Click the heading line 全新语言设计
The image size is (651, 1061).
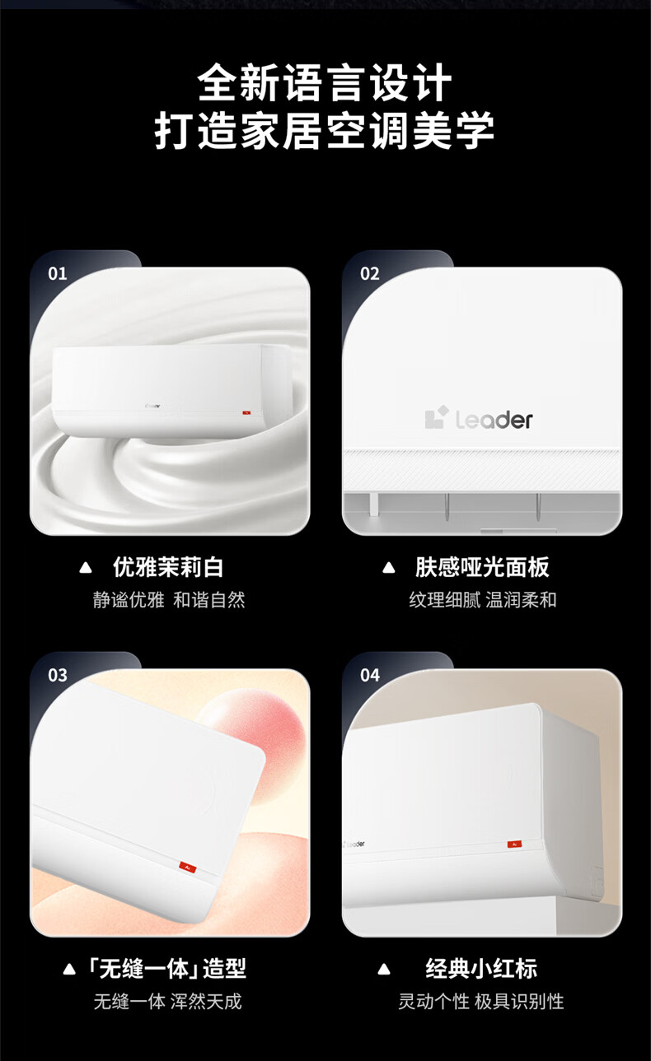tap(325, 83)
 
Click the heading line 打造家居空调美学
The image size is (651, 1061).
tap(325, 130)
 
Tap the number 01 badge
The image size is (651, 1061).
tap(58, 274)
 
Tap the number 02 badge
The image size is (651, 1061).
tap(370, 274)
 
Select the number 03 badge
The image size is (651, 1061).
tap(58, 676)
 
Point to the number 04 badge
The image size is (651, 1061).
tap(370, 676)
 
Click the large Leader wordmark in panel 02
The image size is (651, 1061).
tap(494, 420)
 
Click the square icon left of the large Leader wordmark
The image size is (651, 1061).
tap(436, 417)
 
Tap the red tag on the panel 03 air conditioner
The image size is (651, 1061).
tap(188, 866)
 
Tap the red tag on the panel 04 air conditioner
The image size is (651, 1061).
tap(514, 844)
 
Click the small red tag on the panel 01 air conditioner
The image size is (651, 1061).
tap(246, 412)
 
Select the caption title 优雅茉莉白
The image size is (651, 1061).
tap(168, 567)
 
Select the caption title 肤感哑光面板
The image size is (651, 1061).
tap(482, 567)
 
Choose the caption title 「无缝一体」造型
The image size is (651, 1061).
tap(167, 969)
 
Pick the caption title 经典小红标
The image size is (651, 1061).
tap(481, 969)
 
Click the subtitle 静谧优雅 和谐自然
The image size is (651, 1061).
tap(169, 600)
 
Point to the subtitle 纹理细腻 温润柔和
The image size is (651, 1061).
tap(483, 600)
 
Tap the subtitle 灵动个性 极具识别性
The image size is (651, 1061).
tap(480, 1002)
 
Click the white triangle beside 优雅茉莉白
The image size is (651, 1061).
tap(86, 567)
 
